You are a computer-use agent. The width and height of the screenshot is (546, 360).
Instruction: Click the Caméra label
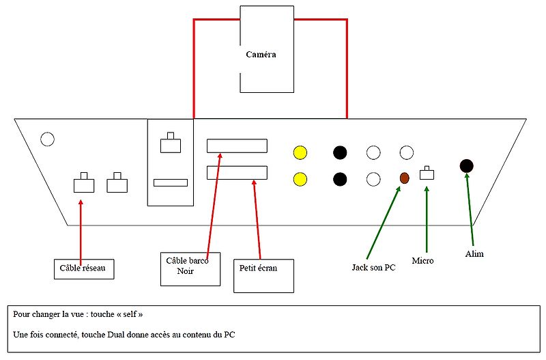[261, 54]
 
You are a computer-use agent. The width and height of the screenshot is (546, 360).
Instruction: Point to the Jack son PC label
[373, 267]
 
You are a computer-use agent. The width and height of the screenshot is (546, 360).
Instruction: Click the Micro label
[422, 260]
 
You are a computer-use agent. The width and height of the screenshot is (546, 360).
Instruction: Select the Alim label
[474, 253]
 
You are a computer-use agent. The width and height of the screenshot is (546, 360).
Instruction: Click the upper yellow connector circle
[299, 152]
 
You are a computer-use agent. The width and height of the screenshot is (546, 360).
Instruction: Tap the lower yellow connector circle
[299, 179]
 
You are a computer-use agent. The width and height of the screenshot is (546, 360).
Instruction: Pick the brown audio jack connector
[404, 178]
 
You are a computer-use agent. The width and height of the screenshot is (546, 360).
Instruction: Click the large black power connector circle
[467, 165]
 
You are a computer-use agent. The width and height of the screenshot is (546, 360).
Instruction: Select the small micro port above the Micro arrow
[427, 174]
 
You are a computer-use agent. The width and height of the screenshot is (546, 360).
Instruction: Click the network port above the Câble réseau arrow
[84, 184]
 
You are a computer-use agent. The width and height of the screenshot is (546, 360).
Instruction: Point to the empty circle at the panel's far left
[47, 139]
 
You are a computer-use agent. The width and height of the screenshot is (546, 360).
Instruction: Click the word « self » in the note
[127, 314]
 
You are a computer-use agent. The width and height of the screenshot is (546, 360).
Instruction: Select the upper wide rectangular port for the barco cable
[237, 146]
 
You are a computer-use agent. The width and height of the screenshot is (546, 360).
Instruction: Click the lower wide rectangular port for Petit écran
[237, 173]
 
